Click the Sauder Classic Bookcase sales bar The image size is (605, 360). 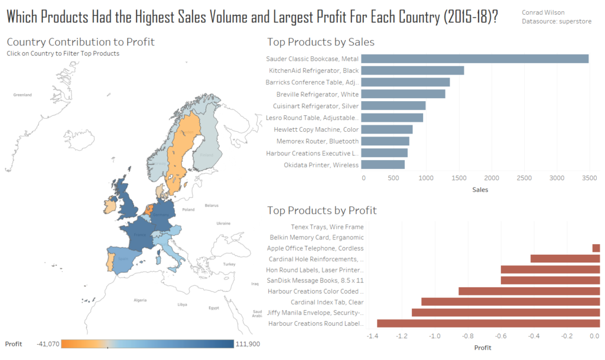(x=474, y=59)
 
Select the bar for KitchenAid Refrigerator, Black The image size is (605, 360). (x=412, y=70)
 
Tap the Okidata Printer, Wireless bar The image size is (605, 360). (x=383, y=164)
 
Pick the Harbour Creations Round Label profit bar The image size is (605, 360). (x=488, y=323)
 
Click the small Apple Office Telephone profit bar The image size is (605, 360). (x=596, y=248)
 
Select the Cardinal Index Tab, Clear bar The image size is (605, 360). (x=510, y=301)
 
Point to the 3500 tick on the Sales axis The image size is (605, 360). (x=589, y=177)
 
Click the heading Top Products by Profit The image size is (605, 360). (x=322, y=210)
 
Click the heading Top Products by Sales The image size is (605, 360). (x=321, y=42)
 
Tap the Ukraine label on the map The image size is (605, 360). (x=224, y=223)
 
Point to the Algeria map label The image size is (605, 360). (x=140, y=300)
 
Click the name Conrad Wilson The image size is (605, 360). (x=542, y=12)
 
